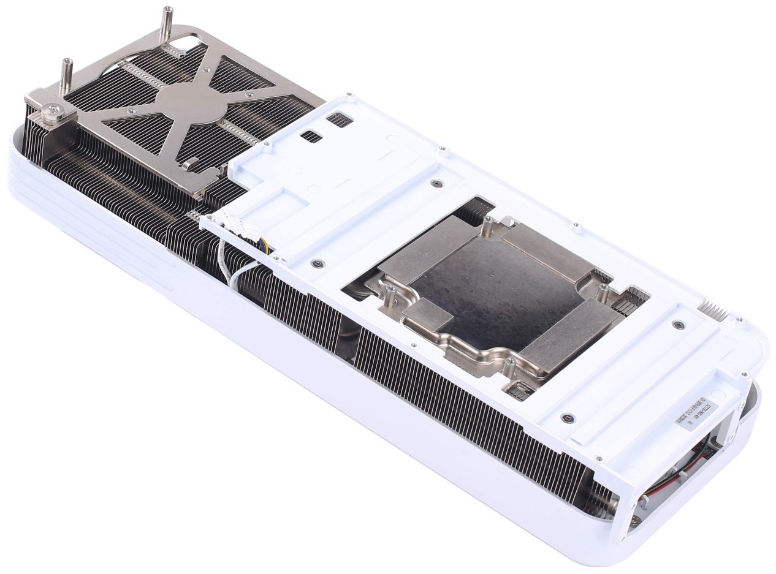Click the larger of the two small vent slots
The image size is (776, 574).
338,119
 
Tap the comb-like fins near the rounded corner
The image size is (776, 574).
715,311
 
